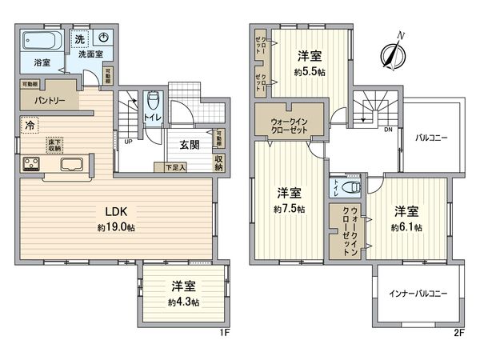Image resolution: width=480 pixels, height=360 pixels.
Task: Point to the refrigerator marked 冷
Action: (30, 125)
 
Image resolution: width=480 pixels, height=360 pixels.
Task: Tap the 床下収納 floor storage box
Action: (54, 145)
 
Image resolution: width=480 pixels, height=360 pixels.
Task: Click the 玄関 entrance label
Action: (189, 145)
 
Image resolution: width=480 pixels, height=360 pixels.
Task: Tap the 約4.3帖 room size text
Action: (184, 302)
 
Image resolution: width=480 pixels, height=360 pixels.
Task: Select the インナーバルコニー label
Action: (413, 292)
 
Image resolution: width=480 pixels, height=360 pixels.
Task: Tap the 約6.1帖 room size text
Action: (406, 228)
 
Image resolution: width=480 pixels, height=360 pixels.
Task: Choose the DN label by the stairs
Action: (387, 129)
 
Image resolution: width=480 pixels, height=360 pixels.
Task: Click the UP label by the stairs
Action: (128, 144)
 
